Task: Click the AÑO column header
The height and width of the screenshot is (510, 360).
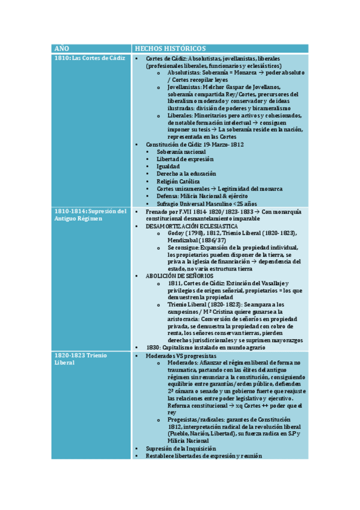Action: (x=62, y=48)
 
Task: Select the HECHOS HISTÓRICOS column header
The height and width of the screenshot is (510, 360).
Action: (x=170, y=48)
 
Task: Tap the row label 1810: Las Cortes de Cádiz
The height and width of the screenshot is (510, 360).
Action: (x=90, y=58)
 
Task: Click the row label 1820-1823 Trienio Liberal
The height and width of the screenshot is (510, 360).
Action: (x=79, y=359)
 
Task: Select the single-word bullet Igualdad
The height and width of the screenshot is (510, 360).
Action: (x=168, y=167)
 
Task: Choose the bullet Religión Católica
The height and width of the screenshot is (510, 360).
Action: (x=178, y=181)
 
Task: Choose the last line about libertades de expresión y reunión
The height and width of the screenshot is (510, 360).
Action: (x=204, y=456)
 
